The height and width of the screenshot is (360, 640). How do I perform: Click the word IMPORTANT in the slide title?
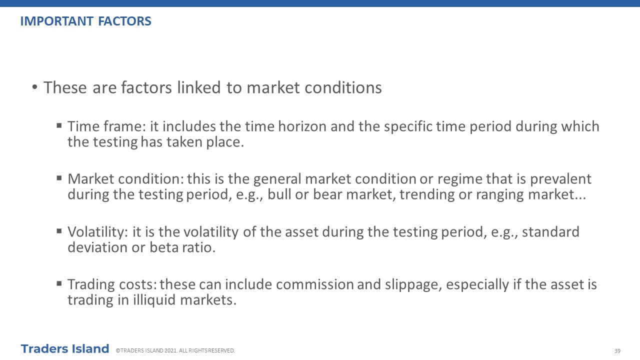[57, 21]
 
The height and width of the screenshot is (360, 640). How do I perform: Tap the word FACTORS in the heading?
[124, 21]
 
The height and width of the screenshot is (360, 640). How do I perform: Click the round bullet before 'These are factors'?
[35, 87]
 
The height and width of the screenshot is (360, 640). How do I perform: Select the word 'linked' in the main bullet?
[199, 87]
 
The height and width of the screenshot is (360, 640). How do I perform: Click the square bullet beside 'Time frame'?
[59, 125]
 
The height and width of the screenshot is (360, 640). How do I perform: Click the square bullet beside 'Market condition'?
[59, 178]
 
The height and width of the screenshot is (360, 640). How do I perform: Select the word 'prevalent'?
[560, 179]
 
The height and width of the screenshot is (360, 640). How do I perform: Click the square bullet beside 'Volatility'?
[59, 231]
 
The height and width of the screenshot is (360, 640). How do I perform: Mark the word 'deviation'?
[97, 247]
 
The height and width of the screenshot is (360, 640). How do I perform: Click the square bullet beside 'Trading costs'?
[59, 283]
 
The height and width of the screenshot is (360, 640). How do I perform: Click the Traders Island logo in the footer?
[65, 349]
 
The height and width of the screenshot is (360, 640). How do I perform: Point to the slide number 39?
[617, 351]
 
